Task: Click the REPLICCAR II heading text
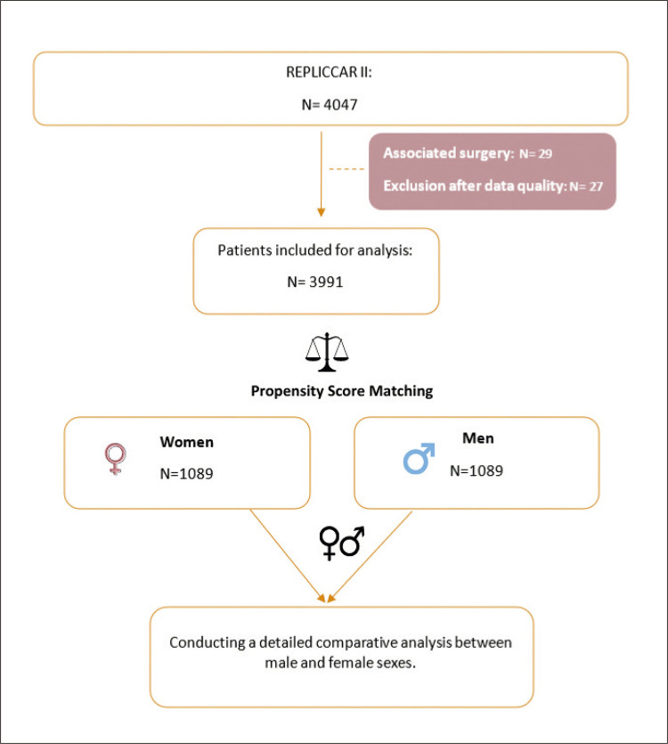click(329, 72)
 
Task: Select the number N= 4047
click(330, 104)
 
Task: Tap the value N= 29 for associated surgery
click(535, 154)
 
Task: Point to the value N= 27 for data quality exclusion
click(586, 186)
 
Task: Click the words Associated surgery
click(448, 153)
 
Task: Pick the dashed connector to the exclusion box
click(346, 169)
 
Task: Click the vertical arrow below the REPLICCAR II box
click(322, 174)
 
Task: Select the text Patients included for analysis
click(315, 250)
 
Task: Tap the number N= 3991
click(315, 282)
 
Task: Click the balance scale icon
click(327, 352)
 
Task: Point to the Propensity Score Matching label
click(342, 391)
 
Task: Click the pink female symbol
click(115, 459)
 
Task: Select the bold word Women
click(186, 442)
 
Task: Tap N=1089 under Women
click(186, 473)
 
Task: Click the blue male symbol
click(419, 458)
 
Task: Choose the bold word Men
click(477, 438)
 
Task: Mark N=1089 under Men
click(477, 470)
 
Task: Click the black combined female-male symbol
click(342, 543)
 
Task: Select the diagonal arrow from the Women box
click(288, 556)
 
